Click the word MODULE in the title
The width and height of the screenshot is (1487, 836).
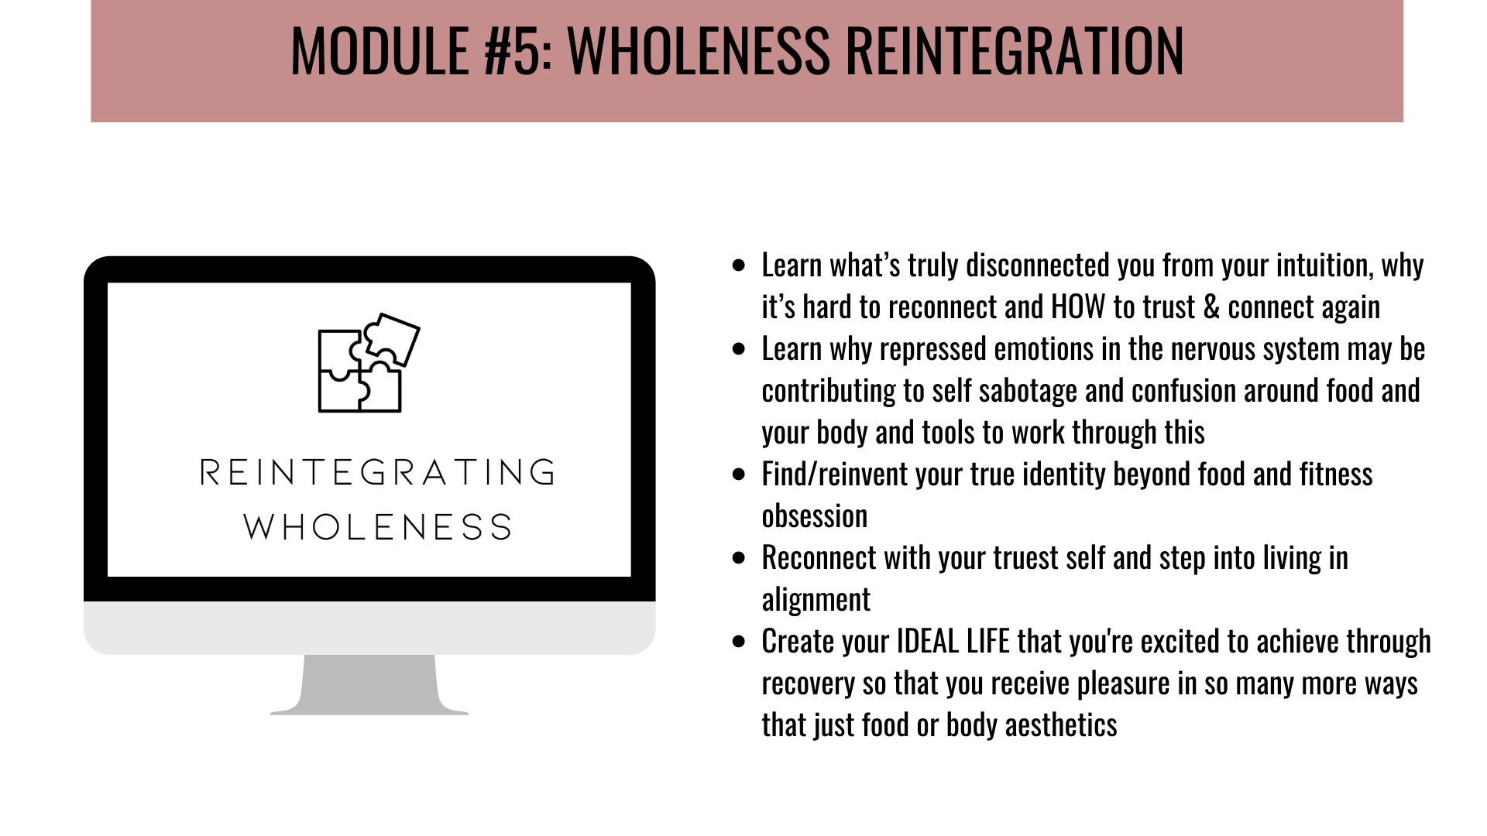pyautogui.click(x=379, y=50)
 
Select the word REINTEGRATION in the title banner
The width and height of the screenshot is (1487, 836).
pyautogui.click(x=1015, y=50)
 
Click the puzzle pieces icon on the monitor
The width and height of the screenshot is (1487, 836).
pyautogui.click(x=369, y=362)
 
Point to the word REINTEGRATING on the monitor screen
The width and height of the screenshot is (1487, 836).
pyautogui.click(x=378, y=472)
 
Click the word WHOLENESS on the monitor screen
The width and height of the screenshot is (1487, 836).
pyautogui.click(x=378, y=527)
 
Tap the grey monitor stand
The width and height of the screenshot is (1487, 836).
pyautogui.click(x=369, y=684)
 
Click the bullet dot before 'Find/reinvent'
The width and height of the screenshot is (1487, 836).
pyautogui.click(x=739, y=474)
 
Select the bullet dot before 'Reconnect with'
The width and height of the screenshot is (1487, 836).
pyautogui.click(x=739, y=557)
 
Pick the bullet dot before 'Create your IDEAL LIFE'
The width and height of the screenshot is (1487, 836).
pyautogui.click(x=739, y=641)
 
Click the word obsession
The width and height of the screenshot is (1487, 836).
pyautogui.click(x=815, y=516)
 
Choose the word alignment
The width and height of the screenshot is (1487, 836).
pyautogui.click(x=816, y=600)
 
